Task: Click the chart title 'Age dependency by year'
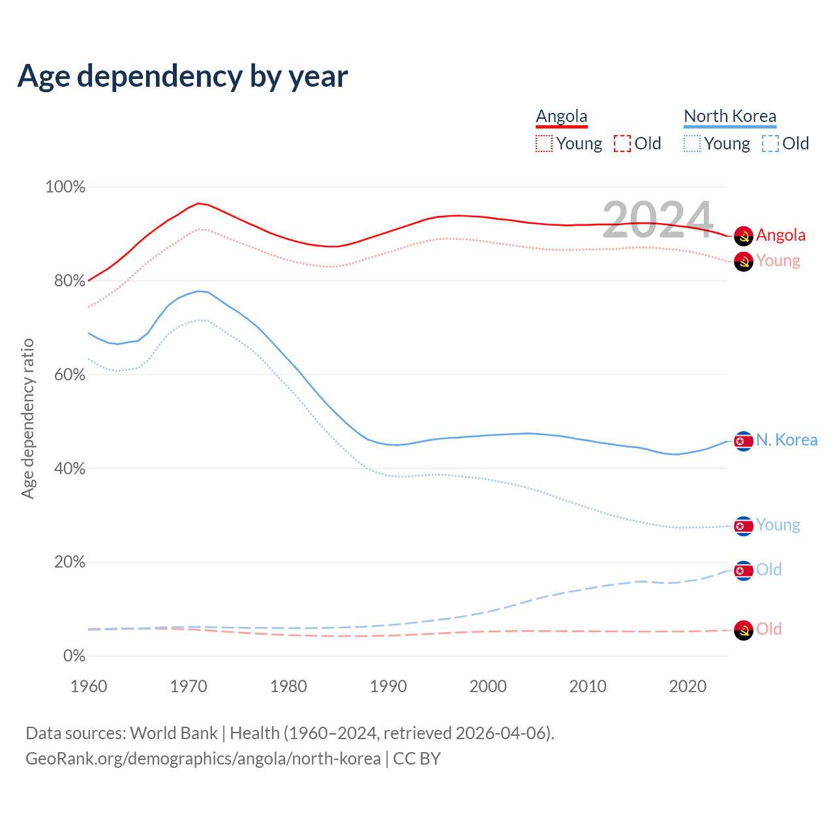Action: click(x=183, y=76)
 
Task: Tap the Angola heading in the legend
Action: click(x=562, y=116)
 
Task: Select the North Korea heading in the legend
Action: click(x=730, y=116)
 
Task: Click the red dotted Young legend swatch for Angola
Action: click(x=543, y=144)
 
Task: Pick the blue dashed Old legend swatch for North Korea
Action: click(x=770, y=144)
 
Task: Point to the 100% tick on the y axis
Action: click(x=65, y=187)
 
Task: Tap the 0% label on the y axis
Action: click(x=74, y=656)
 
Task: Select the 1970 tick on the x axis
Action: click(x=189, y=686)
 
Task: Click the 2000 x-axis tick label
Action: click(x=488, y=686)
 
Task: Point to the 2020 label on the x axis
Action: click(x=688, y=686)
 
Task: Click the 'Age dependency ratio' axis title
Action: click(x=27, y=418)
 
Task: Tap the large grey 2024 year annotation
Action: click(x=658, y=220)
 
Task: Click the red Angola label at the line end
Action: click(x=780, y=235)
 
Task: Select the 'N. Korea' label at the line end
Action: click(x=786, y=440)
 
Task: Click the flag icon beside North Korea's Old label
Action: click(x=744, y=571)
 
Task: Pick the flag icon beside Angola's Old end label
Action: click(x=744, y=630)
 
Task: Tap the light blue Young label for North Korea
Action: click(x=778, y=525)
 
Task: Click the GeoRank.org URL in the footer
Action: click(x=203, y=759)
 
